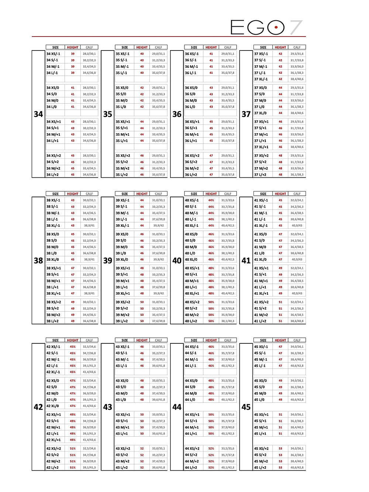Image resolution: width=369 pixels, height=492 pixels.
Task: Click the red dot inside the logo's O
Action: [x=276, y=27]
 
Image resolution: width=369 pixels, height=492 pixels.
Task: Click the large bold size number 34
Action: [x=38, y=114]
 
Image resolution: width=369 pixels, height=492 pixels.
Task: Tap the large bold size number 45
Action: [x=246, y=407]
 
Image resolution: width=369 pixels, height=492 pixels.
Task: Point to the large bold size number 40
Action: [x=177, y=261]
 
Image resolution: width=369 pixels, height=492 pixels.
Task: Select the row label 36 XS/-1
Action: [x=192, y=54]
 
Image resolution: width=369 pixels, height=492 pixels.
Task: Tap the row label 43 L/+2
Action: [x=122, y=468]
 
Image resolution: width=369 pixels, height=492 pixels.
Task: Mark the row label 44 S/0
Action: [x=191, y=387]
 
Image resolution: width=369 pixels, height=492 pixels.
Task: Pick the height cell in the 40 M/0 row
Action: [x=211, y=247]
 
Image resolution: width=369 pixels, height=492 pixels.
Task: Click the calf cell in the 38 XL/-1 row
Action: [x=89, y=226]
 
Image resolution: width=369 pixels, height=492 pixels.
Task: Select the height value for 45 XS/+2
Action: [x=280, y=449]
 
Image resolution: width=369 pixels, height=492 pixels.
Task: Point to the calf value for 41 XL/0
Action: [x=297, y=260]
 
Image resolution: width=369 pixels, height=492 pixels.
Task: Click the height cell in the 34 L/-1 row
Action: [x=73, y=73]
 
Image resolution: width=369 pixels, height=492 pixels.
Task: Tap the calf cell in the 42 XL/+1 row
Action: [x=89, y=440]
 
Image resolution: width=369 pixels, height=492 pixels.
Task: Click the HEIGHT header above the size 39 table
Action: [x=142, y=194]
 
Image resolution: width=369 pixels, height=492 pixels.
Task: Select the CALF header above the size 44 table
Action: [x=228, y=340]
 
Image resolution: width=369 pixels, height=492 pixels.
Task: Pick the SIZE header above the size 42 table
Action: [x=55, y=340]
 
